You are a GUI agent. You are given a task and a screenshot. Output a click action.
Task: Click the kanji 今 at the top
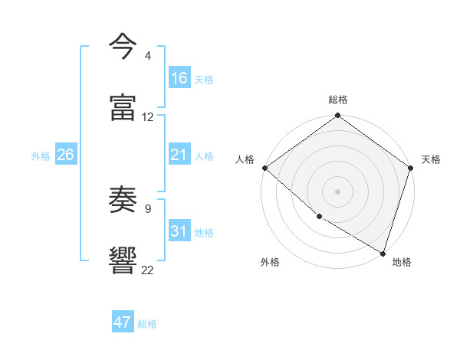[x=123, y=47]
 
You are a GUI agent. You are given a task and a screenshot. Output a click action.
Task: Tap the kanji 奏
[x=123, y=200]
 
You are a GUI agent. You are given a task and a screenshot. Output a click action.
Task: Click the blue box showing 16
[x=179, y=78]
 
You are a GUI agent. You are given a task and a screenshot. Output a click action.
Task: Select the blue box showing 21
[x=179, y=155]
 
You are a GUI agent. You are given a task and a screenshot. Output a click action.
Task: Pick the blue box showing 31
[x=179, y=231]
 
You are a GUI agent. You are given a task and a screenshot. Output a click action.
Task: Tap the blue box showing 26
[x=65, y=155]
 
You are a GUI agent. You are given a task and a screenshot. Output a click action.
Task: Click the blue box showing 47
[x=123, y=322]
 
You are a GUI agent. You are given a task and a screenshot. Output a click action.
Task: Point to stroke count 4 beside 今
[x=147, y=56]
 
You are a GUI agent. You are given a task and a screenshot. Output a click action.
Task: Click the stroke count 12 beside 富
[x=148, y=117]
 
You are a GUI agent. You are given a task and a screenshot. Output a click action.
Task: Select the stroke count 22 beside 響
[x=148, y=270]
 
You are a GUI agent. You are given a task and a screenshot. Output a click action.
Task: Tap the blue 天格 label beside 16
[x=204, y=79]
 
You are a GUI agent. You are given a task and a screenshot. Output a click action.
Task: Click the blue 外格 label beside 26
[x=41, y=155]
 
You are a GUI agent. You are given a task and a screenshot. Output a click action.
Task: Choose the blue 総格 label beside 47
[x=147, y=324]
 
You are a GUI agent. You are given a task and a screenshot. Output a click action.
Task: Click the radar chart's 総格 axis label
[x=338, y=100]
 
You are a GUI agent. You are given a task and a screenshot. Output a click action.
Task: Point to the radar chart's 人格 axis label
[x=245, y=159]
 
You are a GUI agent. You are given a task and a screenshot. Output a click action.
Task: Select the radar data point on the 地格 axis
[x=383, y=253]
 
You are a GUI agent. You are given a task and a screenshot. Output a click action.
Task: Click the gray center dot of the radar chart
[x=338, y=191]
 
